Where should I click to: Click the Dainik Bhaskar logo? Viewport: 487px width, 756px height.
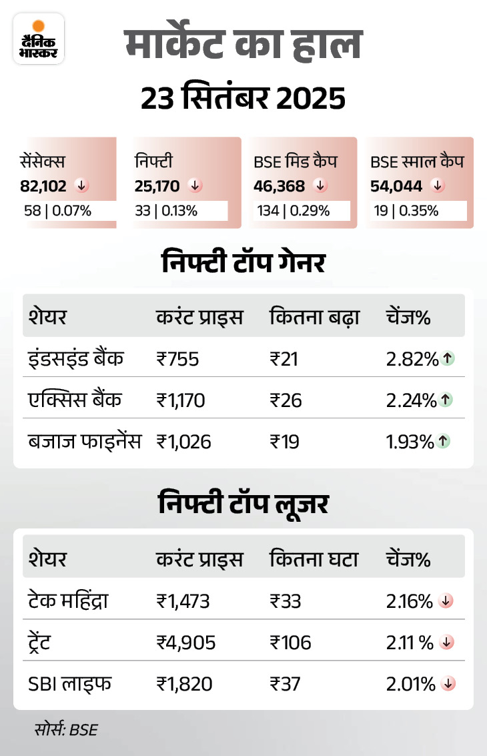(38, 38)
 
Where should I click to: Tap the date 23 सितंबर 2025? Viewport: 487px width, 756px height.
(243, 99)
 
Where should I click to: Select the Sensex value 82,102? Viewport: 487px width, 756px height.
(44, 185)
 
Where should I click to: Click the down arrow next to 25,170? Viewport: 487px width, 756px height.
(195, 185)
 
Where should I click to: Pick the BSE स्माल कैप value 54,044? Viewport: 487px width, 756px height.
(396, 185)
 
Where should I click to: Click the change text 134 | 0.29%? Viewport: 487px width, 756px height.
(294, 212)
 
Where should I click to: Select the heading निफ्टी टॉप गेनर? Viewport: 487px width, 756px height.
(243, 262)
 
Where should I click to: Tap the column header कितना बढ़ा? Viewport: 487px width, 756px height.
(314, 317)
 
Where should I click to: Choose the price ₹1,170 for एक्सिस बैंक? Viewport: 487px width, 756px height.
(181, 400)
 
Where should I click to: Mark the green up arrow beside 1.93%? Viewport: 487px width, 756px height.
(444, 441)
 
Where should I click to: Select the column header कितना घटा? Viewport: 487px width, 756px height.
(314, 559)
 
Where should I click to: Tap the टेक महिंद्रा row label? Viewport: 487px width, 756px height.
(68, 601)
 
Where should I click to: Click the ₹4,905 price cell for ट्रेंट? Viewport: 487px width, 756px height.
(186, 643)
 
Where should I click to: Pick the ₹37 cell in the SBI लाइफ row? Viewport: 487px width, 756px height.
(286, 684)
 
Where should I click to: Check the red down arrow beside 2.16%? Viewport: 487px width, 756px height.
(446, 601)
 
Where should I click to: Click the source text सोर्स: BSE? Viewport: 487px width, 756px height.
(67, 729)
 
